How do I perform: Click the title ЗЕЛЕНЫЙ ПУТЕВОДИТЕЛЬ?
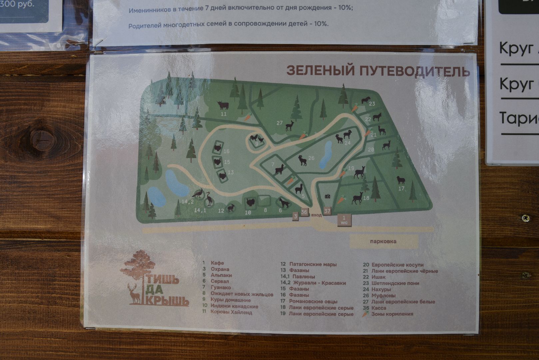pos(378,71)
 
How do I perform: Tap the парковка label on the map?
pos(383,241)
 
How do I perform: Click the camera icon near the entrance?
pos(327,197)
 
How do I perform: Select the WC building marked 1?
pos(344,220)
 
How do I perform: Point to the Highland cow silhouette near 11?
pos(223,105)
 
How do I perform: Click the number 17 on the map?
pos(401,189)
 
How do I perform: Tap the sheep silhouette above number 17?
pos(401,180)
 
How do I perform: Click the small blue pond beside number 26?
pos(326,154)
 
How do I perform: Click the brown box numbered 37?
pos(327,211)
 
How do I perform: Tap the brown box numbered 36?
pos(304,212)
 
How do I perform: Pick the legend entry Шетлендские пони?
pos(395,283)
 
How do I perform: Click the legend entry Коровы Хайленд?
pos(231,312)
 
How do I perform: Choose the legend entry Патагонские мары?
pos(313,264)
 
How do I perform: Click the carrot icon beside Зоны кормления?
pos(365,314)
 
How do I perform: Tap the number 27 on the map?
pos(279,123)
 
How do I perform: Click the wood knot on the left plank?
pos(42,139)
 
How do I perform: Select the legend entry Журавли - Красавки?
pos(317,283)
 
